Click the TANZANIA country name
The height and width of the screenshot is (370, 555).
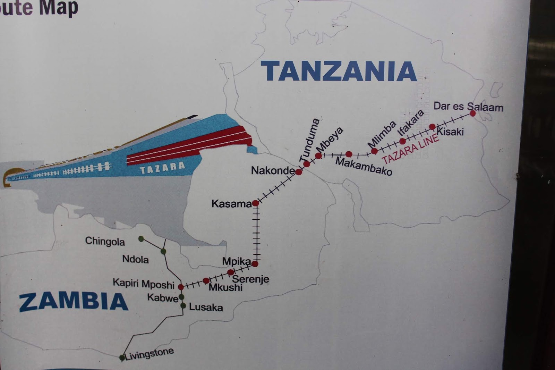(x=338, y=71)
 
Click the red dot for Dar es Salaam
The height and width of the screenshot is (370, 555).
(x=472, y=113)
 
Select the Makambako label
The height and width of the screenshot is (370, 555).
(x=363, y=166)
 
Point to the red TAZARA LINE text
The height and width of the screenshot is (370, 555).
(x=410, y=149)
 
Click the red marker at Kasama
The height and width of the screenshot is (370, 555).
(x=256, y=203)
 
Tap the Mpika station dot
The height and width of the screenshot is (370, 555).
(x=255, y=264)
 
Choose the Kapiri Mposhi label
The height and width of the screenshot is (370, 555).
(x=143, y=284)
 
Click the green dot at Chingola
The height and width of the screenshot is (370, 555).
(x=141, y=239)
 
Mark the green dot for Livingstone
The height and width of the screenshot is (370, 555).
(x=122, y=358)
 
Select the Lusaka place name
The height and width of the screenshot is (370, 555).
(x=206, y=308)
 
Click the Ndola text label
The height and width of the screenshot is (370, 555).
(x=135, y=259)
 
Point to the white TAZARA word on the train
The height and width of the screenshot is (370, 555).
(x=162, y=168)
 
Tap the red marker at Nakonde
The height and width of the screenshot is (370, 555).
(x=299, y=172)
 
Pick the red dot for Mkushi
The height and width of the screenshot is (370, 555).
(x=206, y=280)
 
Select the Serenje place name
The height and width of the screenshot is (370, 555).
(x=250, y=279)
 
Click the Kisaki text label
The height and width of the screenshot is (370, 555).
(x=450, y=132)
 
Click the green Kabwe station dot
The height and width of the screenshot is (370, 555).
(x=181, y=297)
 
